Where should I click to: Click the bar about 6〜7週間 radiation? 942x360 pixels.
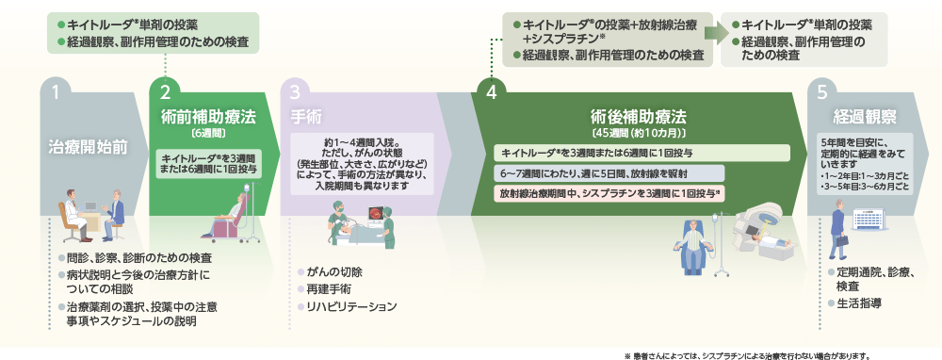click(x=609, y=173)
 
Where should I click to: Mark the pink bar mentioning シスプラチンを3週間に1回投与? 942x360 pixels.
click(x=609, y=193)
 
